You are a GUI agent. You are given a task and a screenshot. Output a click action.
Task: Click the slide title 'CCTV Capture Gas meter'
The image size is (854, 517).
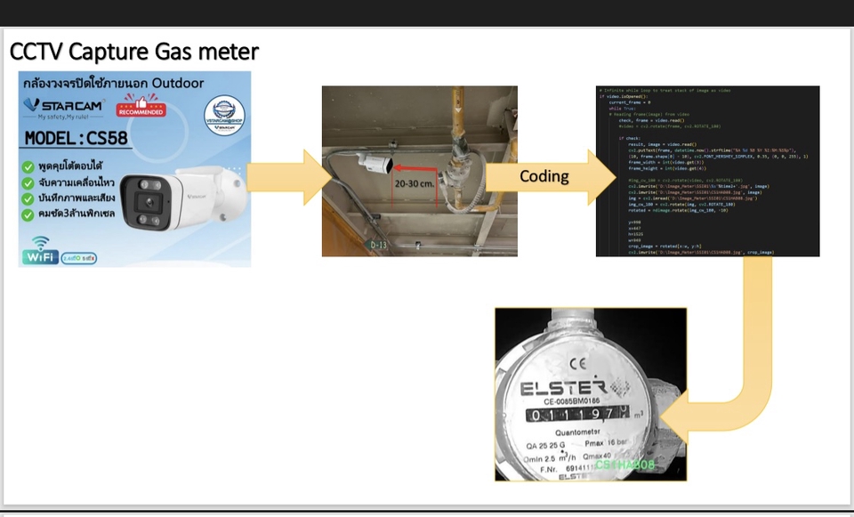coord(134,51)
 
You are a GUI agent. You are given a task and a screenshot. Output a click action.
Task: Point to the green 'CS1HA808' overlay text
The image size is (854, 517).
coord(624,465)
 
